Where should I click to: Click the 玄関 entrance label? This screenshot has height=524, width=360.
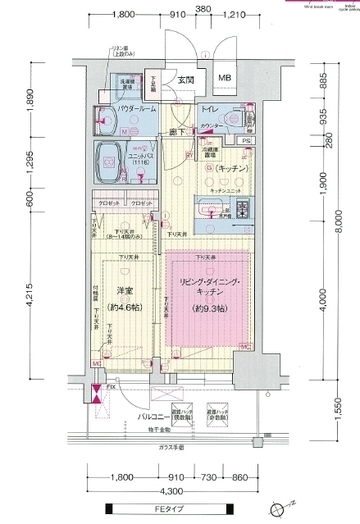point(186,80)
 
